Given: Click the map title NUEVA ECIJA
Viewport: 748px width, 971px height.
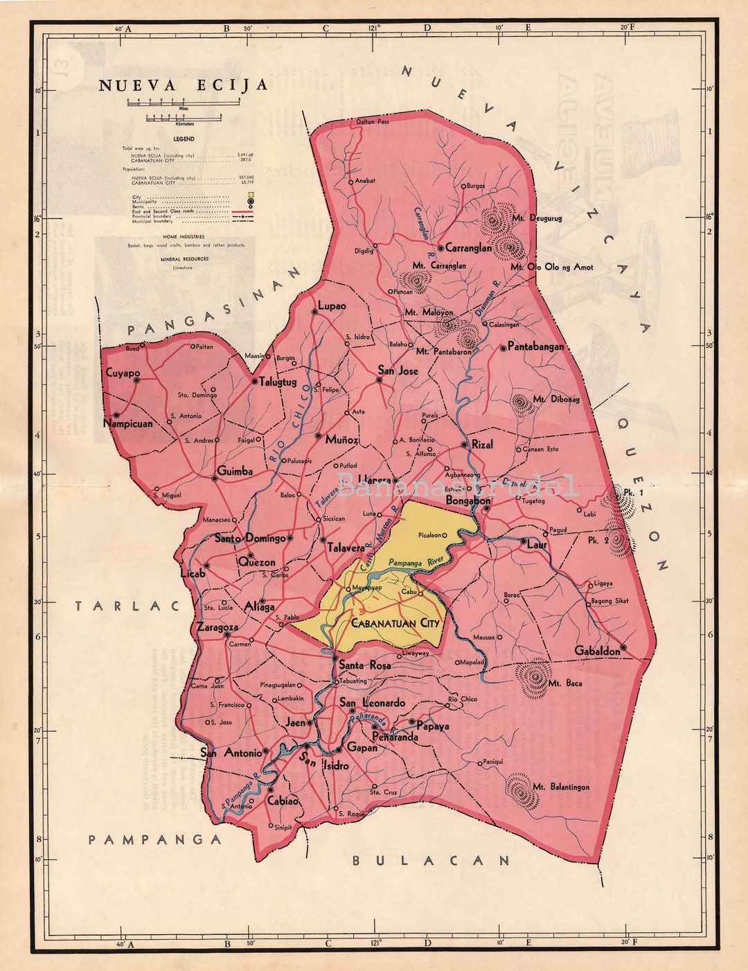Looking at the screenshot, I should [x=183, y=85].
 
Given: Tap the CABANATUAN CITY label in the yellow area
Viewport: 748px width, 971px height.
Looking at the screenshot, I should [x=395, y=623].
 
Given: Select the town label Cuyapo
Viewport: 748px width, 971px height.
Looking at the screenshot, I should [x=122, y=373].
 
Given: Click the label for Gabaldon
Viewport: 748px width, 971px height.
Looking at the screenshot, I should [x=597, y=651].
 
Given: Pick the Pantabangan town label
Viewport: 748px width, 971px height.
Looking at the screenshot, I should [x=535, y=347].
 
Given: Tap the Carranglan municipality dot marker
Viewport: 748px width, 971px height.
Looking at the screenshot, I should [x=440, y=247].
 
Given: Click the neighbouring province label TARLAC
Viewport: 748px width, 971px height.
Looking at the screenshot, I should [x=127, y=606].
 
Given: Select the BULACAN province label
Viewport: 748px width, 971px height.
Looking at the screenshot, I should [x=431, y=861].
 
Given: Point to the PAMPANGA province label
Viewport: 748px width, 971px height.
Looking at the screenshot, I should [x=154, y=840].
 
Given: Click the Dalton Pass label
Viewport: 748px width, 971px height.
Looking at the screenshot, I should [x=373, y=122].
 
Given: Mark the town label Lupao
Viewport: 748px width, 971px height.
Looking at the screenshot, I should [x=332, y=306].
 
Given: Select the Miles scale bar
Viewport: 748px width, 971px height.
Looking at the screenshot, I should [x=183, y=102].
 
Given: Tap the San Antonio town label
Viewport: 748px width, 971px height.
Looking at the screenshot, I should [x=231, y=753].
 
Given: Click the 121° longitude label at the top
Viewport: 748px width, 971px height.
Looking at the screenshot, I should [x=375, y=28].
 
